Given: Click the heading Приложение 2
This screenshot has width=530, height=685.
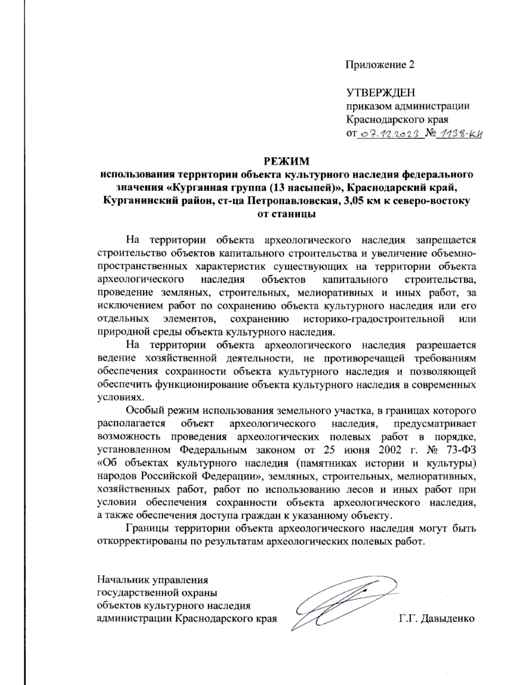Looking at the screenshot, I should pyautogui.click(x=380, y=65).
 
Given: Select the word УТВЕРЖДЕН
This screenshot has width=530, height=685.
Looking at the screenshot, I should pyautogui.click(x=380, y=93).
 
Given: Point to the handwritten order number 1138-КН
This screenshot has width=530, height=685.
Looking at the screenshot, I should pyautogui.click(x=458, y=134).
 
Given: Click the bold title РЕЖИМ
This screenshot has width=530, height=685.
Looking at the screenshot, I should pyautogui.click(x=287, y=161).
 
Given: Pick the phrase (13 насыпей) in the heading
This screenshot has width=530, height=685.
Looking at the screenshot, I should pyautogui.click(x=305, y=187).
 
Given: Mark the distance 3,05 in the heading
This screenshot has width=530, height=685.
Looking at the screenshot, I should pyautogui.click(x=348, y=201).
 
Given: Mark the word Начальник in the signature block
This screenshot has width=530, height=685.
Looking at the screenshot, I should pyautogui.click(x=122, y=580).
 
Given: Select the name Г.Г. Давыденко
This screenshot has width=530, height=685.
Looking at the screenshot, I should pyautogui.click(x=436, y=618).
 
